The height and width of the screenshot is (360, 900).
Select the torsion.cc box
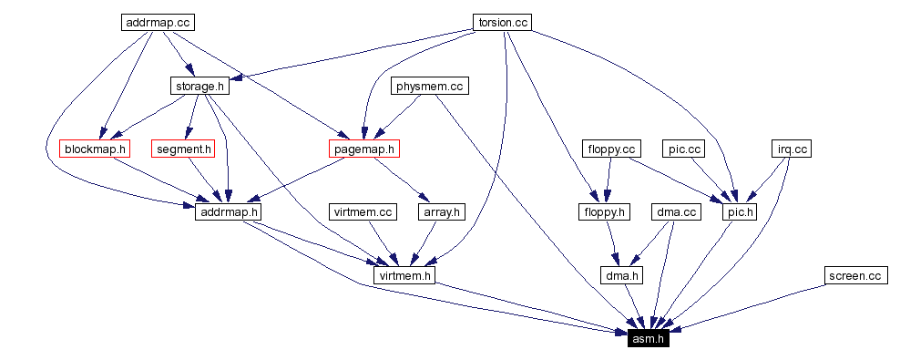pyautogui.click(x=502, y=22)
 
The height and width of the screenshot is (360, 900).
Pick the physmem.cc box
pyautogui.click(x=429, y=87)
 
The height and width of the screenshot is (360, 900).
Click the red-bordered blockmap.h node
pyautogui.click(x=95, y=149)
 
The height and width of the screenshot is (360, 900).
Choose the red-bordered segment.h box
pyautogui.click(x=184, y=149)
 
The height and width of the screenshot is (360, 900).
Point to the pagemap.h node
pyautogui.click(x=363, y=149)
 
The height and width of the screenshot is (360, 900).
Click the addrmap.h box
pyautogui.click(x=228, y=211)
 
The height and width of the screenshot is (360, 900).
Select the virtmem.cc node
pyautogui.click(x=362, y=211)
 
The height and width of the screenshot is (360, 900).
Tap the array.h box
pyautogui.click(x=441, y=211)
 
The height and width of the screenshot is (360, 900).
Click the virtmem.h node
pyautogui.click(x=405, y=274)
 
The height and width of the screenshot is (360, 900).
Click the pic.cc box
pyautogui.click(x=682, y=149)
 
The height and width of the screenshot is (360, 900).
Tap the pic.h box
pyautogui.click(x=738, y=211)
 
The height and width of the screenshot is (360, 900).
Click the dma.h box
pyautogui.click(x=622, y=274)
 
